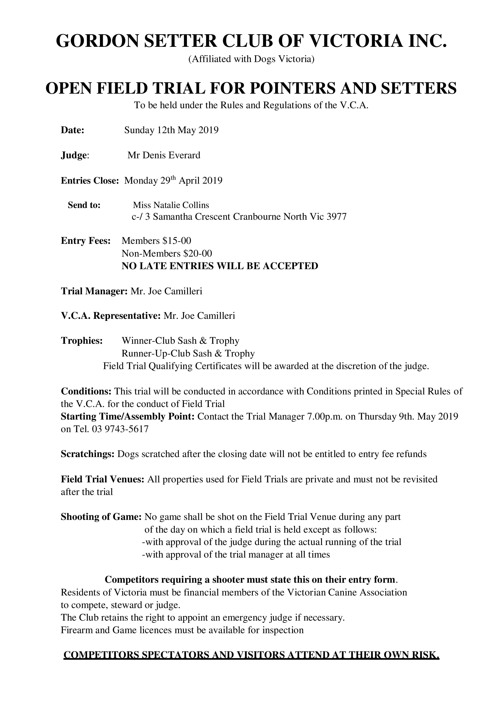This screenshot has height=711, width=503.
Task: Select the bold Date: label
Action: click(72, 130)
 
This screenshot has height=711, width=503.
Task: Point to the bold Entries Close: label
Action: click(90, 181)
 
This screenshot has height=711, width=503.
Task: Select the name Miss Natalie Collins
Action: click(171, 205)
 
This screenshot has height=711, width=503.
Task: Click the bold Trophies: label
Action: click(82, 341)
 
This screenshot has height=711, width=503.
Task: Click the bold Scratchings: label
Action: click(88, 454)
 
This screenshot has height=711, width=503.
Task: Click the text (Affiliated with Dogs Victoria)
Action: click(251, 59)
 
